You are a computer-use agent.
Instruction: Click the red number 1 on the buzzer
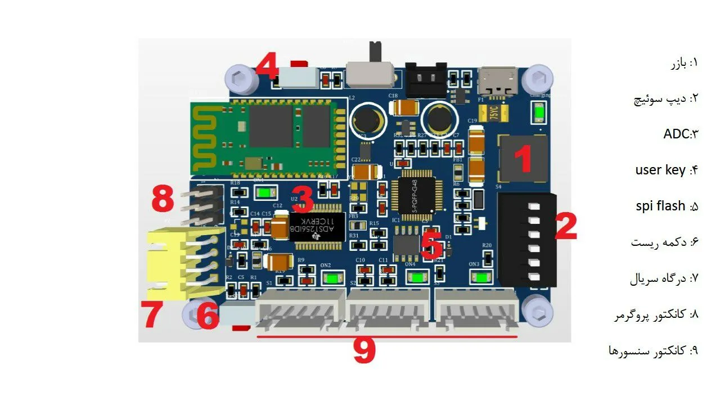(524, 159)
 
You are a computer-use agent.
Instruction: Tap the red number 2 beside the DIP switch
(566, 226)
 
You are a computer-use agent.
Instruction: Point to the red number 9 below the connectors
(364, 351)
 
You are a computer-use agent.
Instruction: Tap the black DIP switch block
(526, 239)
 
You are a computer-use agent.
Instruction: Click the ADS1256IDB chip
(316, 228)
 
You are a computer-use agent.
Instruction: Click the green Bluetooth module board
(269, 136)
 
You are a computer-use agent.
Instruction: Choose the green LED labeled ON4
(417, 277)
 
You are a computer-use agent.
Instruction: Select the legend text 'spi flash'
(660, 206)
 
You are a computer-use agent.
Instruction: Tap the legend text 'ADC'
(675, 134)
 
